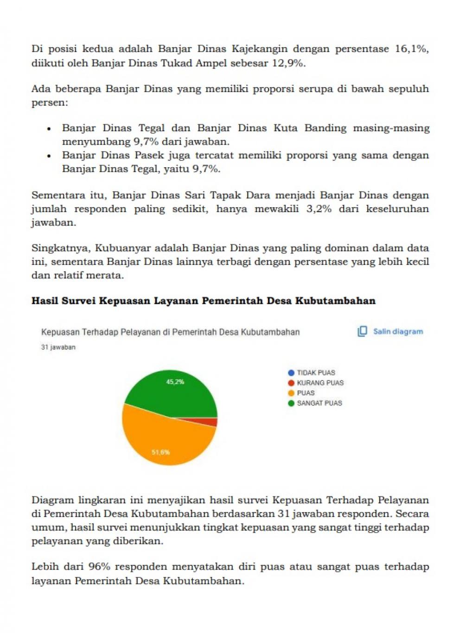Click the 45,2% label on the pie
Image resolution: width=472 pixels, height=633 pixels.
[x=175, y=382]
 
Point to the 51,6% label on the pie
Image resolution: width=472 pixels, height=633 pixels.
[x=161, y=452]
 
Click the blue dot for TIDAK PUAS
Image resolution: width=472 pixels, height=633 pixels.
[x=291, y=373]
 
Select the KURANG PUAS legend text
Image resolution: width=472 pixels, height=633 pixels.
[x=320, y=383]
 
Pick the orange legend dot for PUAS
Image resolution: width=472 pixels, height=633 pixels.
[x=291, y=393]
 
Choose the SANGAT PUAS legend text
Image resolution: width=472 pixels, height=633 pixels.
[x=319, y=403]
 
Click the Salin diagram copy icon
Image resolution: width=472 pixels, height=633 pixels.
[x=362, y=331]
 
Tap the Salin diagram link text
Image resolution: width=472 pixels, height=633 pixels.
[x=398, y=331]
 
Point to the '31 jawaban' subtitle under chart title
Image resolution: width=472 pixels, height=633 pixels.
[x=58, y=347]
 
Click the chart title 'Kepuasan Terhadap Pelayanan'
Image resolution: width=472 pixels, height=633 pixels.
[x=170, y=332]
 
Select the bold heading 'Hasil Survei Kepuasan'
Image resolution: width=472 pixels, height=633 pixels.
[x=203, y=301]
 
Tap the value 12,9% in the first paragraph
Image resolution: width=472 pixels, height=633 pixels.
[x=288, y=63]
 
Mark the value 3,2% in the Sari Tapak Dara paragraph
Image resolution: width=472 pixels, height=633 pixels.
[x=319, y=209]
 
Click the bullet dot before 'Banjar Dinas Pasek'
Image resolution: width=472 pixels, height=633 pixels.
[x=49, y=156]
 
